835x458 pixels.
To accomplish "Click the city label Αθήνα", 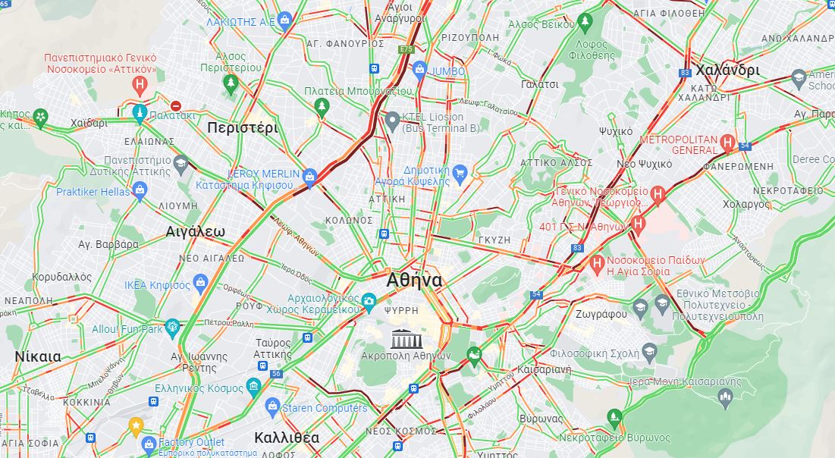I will tap(413, 280).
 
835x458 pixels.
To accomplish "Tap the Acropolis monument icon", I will tap(402, 338).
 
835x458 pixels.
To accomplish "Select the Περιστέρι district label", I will tap(242, 127).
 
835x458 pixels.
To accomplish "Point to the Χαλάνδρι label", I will tap(727, 70).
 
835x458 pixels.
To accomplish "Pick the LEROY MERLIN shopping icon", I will tap(309, 177).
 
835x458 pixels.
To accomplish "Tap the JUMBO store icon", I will tap(419, 71).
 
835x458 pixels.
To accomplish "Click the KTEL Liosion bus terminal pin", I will tap(392, 121).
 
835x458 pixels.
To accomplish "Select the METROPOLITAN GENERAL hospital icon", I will tap(727, 142).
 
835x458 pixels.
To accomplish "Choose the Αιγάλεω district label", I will tap(195, 232).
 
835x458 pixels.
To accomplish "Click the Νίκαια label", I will tap(37, 356).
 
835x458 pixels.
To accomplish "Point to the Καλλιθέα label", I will tap(286, 438).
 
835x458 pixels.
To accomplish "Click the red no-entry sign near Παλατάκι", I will tap(176, 106).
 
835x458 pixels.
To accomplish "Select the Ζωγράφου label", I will tap(600, 314).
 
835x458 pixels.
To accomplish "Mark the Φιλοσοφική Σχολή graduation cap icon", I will tap(648, 352).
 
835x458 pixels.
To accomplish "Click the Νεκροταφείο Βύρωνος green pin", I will tap(614, 416).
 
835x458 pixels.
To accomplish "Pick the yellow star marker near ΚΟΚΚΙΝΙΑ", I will tap(136, 425).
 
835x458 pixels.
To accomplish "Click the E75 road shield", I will tap(406, 49).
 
